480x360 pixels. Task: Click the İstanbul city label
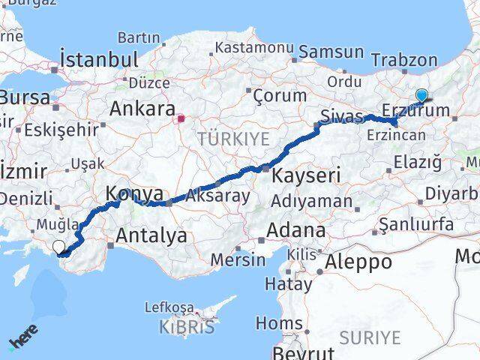point(99,60)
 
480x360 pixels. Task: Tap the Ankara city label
point(142,109)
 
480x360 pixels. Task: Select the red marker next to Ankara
point(180,118)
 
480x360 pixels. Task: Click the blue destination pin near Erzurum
point(421,96)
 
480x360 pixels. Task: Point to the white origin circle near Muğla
point(58,246)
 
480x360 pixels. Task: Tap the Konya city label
point(133,194)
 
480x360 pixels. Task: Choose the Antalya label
point(151,236)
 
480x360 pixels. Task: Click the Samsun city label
point(331,52)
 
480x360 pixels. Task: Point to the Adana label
point(298,230)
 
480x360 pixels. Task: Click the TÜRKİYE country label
point(232,139)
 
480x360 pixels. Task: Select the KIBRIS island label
point(187,327)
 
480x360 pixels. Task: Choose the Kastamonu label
point(253,47)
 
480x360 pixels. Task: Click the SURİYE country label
point(370,337)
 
